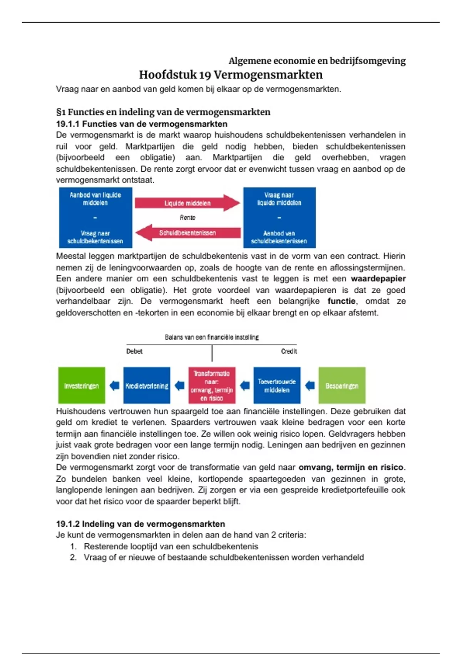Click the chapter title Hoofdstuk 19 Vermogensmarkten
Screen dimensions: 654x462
(x=231, y=75)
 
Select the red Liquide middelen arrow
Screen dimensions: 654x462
(x=187, y=203)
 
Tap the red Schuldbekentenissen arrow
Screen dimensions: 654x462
(x=187, y=233)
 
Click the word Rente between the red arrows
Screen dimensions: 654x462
(x=187, y=218)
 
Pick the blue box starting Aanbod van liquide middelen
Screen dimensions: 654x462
(x=95, y=218)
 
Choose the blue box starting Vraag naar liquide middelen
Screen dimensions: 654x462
(x=279, y=218)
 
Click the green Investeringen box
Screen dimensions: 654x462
(x=82, y=385)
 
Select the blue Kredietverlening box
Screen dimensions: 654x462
(x=147, y=385)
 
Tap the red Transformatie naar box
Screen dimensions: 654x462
(x=212, y=385)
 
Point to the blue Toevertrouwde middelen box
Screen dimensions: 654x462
(x=277, y=385)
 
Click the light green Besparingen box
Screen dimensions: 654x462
(x=342, y=385)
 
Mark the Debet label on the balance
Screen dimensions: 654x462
(x=134, y=351)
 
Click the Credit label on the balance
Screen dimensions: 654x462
(x=289, y=351)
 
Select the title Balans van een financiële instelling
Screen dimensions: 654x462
(x=212, y=337)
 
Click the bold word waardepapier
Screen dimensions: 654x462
(x=378, y=279)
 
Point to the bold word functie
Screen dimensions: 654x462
(x=341, y=301)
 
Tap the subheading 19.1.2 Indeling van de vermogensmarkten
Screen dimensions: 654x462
(x=141, y=524)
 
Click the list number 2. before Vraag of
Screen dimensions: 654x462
(x=73, y=557)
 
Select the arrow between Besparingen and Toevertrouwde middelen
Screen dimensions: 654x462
(x=310, y=385)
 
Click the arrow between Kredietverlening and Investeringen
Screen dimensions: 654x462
(x=114, y=385)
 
